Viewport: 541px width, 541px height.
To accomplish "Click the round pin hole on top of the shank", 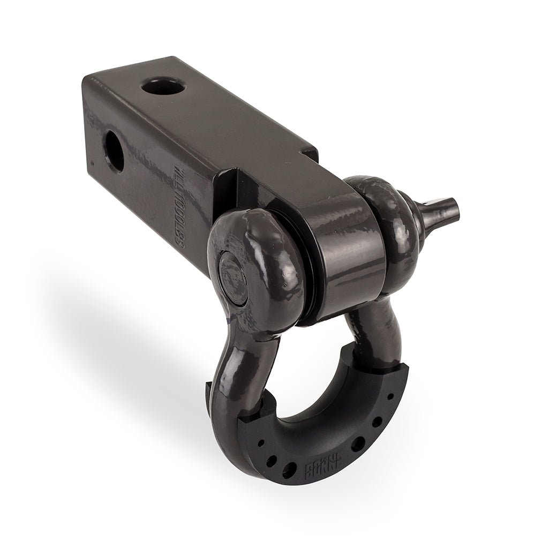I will point(163,86).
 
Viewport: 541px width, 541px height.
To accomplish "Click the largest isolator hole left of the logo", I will point(288,470).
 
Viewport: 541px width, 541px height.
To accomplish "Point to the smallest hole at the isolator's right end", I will point(390,397).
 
